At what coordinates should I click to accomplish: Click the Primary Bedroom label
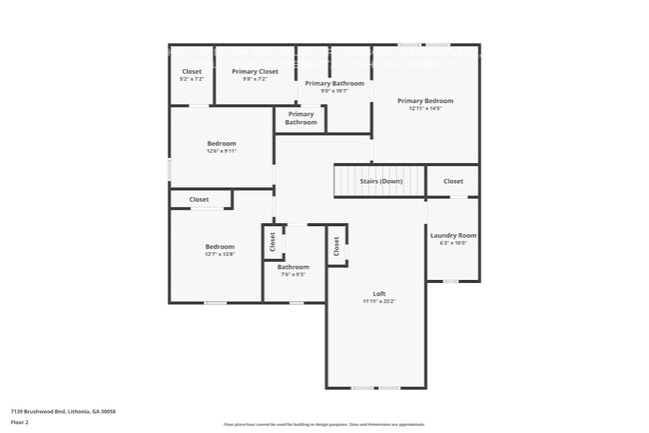425,100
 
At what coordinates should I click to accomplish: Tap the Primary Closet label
255,71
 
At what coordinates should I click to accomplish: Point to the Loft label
379,293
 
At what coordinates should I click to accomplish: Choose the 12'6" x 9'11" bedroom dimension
221,151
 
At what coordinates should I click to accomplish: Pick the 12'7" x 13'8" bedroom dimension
220,254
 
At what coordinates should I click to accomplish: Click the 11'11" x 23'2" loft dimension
379,301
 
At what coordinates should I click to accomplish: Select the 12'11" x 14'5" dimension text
425,108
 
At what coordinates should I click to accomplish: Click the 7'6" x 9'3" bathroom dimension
294,274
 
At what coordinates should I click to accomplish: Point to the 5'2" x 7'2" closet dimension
192,78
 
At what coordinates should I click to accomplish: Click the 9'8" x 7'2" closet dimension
255,78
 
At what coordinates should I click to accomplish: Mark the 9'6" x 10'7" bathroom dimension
334,90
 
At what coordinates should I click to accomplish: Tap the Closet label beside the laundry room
453,181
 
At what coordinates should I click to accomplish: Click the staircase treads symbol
353,181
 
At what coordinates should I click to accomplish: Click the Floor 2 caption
20,423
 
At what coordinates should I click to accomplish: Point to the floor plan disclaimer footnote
324,424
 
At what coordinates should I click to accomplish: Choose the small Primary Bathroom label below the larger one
301,118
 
